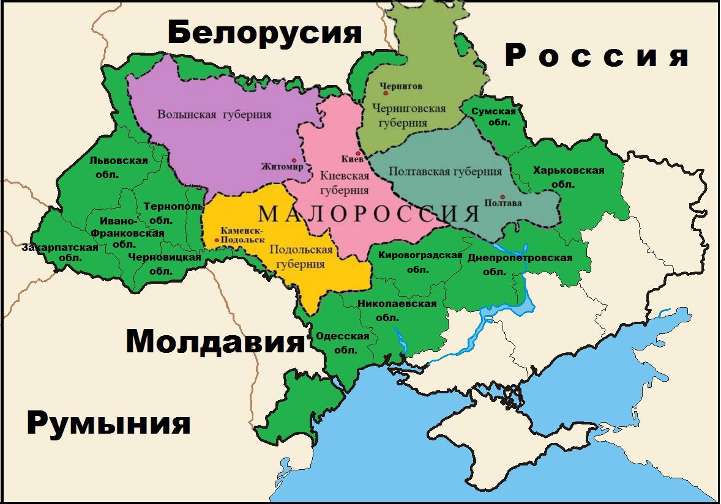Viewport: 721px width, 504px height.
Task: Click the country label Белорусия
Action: click(x=265, y=33)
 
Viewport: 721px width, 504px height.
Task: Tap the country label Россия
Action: click(x=597, y=56)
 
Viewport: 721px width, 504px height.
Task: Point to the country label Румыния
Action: click(x=108, y=423)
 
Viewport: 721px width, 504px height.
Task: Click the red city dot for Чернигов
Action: click(x=386, y=94)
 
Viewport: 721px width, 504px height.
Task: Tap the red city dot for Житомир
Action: click(x=294, y=161)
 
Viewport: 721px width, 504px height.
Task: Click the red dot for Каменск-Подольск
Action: click(x=217, y=240)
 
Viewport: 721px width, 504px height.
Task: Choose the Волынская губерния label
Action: click(x=214, y=114)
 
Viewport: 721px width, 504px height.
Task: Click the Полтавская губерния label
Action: click(x=445, y=172)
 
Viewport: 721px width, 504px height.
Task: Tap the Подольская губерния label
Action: click(x=301, y=257)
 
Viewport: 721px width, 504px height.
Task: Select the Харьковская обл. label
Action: click(x=568, y=177)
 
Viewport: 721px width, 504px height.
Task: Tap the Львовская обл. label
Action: click(x=118, y=167)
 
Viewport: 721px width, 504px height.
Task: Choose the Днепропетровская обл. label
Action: click(x=520, y=264)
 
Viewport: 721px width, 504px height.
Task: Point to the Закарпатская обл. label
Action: click(x=60, y=253)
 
